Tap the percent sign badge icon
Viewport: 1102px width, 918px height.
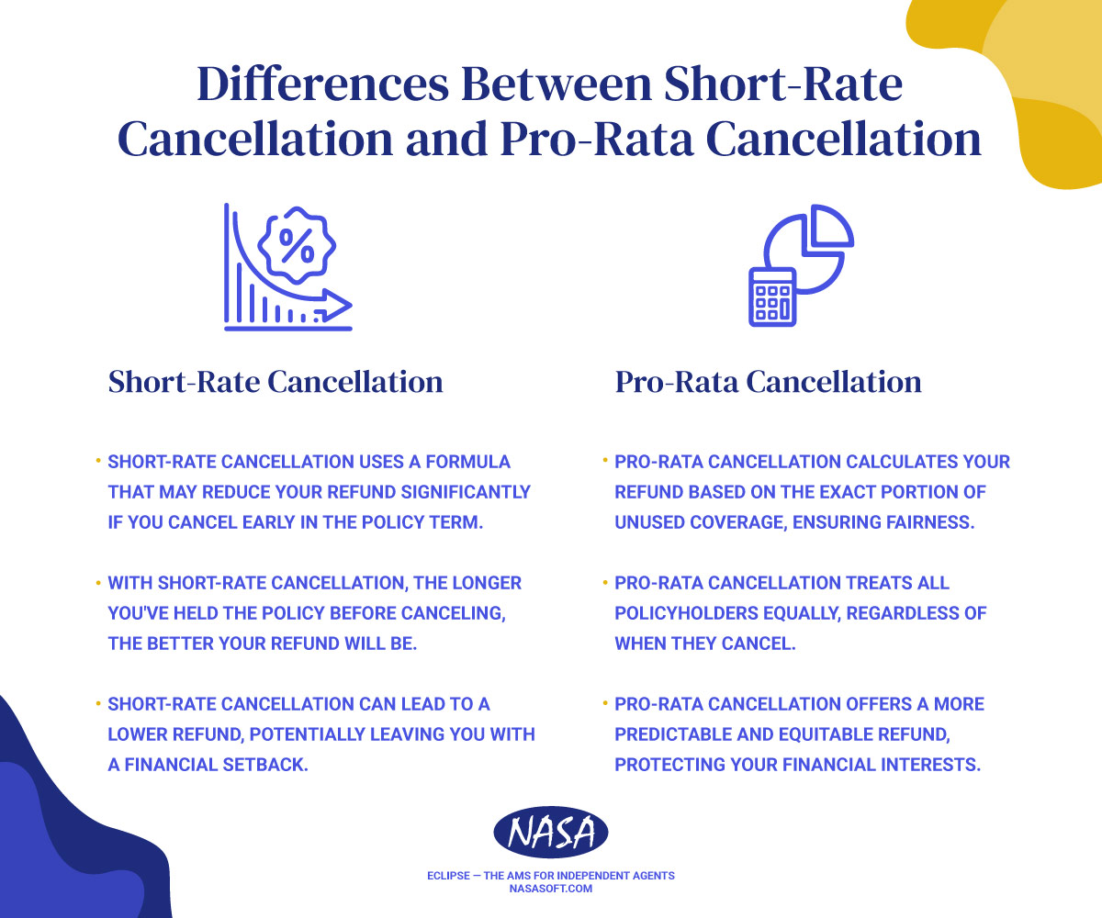(296, 244)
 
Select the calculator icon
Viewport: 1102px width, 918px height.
(772, 297)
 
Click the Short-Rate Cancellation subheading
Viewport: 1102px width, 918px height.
(275, 382)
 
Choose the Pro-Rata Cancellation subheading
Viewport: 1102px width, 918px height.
(768, 382)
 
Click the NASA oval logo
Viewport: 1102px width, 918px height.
(551, 834)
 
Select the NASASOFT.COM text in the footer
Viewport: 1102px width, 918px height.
(551, 890)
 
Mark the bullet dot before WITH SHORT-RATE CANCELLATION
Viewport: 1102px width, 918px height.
(97, 582)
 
